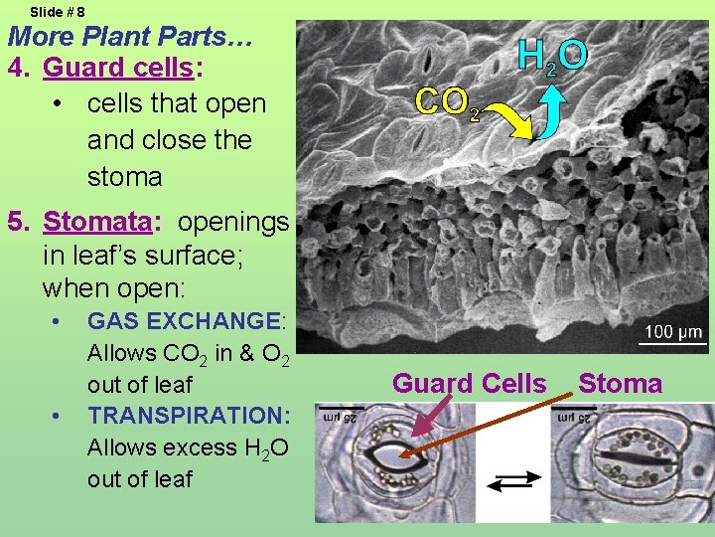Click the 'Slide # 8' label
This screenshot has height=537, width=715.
(x=58, y=12)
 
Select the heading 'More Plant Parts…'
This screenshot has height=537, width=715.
(x=131, y=38)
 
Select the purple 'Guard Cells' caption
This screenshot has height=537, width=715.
(x=469, y=384)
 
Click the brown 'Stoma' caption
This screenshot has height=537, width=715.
(x=620, y=384)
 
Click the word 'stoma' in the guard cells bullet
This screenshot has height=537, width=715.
(x=124, y=177)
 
